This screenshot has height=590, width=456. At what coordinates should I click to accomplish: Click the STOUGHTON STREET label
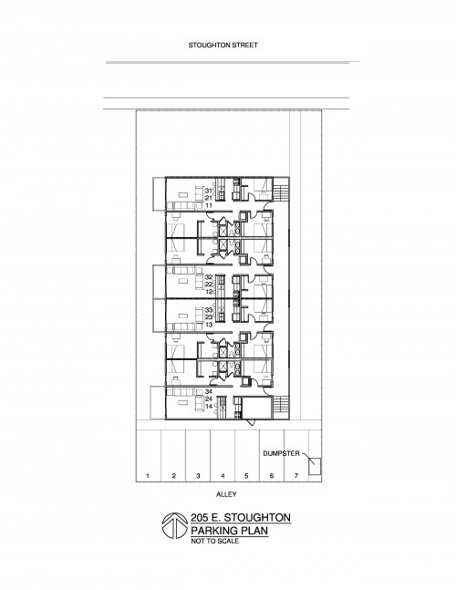click(x=223, y=46)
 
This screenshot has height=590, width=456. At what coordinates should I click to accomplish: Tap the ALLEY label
click(x=226, y=494)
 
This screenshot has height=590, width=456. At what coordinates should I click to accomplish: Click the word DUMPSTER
click(x=282, y=453)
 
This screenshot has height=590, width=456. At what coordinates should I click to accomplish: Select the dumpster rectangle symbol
click(x=315, y=466)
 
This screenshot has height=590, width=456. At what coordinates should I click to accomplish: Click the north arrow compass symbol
click(x=174, y=525)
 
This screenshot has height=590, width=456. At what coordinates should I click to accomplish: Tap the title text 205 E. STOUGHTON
click(x=241, y=518)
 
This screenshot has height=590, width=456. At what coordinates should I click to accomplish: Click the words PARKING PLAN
click(x=230, y=531)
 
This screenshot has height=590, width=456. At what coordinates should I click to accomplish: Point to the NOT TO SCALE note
click(x=215, y=541)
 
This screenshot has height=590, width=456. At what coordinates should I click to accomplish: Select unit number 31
click(x=209, y=191)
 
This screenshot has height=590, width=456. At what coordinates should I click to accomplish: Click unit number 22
click(x=209, y=285)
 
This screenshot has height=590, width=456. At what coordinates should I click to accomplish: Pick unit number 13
click(x=209, y=325)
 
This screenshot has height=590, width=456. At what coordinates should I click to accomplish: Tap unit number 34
click(x=209, y=391)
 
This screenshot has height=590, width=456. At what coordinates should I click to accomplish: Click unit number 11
click(x=209, y=205)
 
